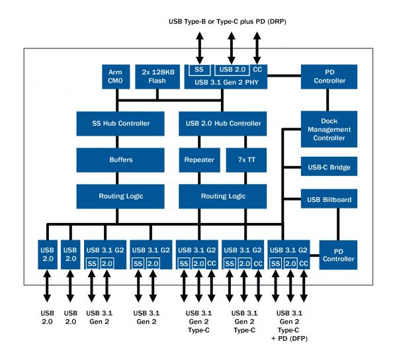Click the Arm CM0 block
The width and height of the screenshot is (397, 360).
click(116, 76)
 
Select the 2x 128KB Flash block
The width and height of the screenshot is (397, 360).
click(157, 76)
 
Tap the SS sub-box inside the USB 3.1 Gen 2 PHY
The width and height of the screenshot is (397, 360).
click(198, 69)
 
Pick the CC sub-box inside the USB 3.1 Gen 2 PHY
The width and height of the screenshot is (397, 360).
click(257, 69)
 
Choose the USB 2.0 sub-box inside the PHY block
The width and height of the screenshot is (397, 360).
click(231, 69)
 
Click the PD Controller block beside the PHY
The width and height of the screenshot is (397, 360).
click(330, 76)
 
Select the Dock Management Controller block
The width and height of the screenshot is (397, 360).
click(330, 130)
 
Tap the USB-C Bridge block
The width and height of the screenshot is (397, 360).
click(330, 167)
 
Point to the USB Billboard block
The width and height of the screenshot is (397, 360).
click(330, 199)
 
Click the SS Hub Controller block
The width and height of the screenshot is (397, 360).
click(121, 123)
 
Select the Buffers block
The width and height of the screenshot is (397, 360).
click(121, 159)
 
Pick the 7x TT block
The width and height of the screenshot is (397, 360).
click(246, 159)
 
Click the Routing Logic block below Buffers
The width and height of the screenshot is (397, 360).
click(121, 196)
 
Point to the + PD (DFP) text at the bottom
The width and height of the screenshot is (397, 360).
click(292, 338)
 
